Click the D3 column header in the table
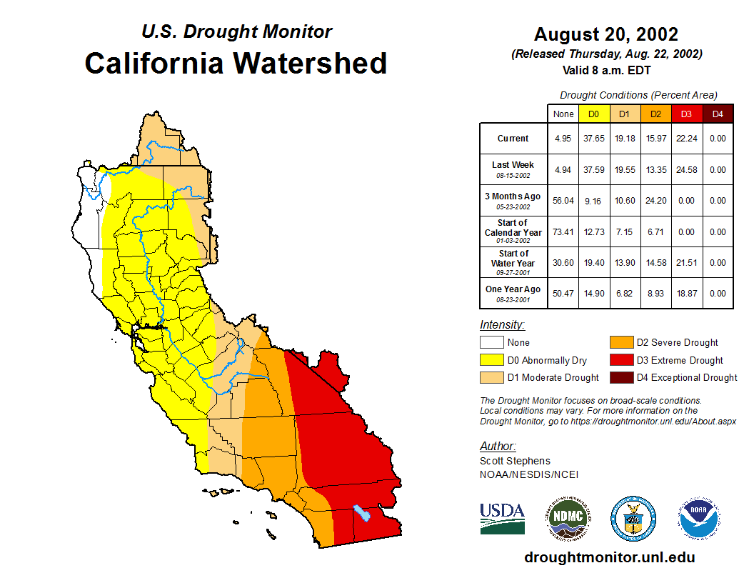[686, 114]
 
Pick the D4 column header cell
[718, 114]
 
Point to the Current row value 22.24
[686, 139]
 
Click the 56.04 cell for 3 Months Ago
[563, 201]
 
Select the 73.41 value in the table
[563, 231]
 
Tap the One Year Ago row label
[513, 293]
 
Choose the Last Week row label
[513, 169]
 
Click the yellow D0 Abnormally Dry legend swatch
[491, 360]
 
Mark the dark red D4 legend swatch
[620, 377]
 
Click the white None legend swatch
[491, 343]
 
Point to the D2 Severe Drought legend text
[677, 343]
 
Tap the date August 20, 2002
[605, 34]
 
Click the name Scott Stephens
[515, 461]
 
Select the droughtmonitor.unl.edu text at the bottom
[609, 557]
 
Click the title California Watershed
[236, 64]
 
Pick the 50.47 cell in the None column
[563, 293]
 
